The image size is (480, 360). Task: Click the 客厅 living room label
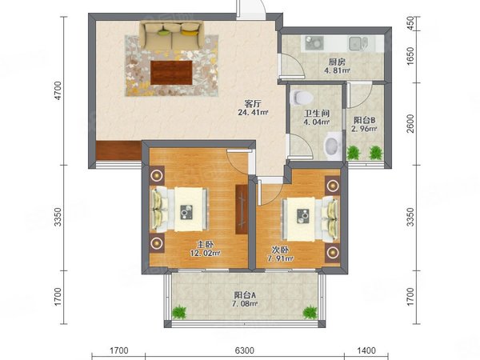click(x=253, y=104)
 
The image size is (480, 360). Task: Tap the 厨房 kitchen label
click(x=337, y=62)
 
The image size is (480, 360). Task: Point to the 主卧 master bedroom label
click(x=205, y=245)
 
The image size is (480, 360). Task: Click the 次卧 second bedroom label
click(x=280, y=250)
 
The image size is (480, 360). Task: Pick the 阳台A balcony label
click(x=245, y=295)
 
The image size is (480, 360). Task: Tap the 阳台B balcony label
click(x=364, y=120)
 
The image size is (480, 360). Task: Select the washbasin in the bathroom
click(x=333, y=146)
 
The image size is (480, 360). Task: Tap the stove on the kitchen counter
click(x=314, y=43)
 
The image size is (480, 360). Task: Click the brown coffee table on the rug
click(x=171, y=73)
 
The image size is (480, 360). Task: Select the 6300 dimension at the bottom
click(x=244, y=350)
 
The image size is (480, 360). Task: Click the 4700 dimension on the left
click(x=58, y=90)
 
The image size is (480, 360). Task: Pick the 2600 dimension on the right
click(x=410, y=123)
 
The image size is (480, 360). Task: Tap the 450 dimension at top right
click(x=410, y=22)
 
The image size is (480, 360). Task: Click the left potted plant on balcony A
click(x=179, y=313)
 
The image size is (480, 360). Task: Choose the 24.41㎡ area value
click(x=253, y=112)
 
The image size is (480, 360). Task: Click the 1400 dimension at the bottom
click(x=366, y=350)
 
